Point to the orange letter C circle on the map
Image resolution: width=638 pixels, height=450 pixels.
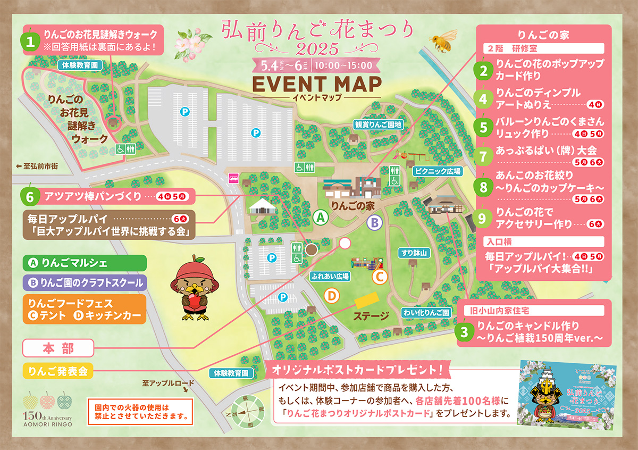click(x=379, y=277)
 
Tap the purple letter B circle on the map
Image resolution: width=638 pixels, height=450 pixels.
click(x=374, y=222)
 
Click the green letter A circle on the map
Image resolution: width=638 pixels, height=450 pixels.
click(x=320, y=217)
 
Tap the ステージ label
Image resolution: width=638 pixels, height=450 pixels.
click(x=372, y=316)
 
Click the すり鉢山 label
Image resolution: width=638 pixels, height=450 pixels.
click(x=415, y=253)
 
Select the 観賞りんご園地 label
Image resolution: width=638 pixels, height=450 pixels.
click(x=379, y=124)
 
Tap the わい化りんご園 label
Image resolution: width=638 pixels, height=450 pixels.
click(x=426, y=312)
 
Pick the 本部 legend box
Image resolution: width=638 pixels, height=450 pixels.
click(x=58, y=348)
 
